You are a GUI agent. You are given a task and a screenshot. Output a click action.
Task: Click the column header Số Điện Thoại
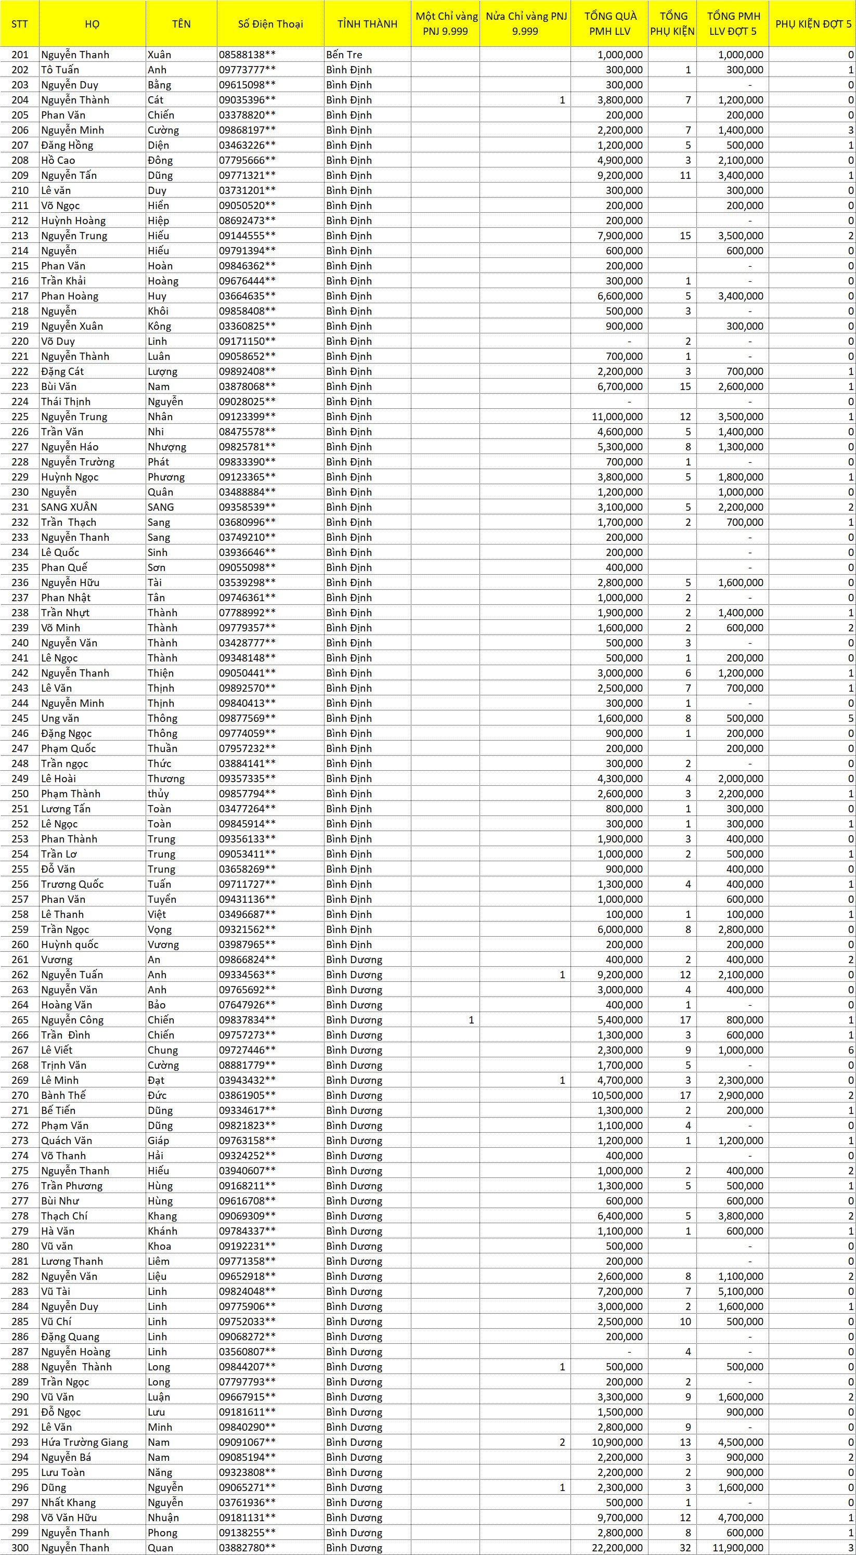coord(270,24)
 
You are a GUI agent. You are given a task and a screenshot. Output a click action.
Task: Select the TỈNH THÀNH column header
coord(367,24)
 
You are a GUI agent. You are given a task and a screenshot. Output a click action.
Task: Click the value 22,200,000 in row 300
coord(620,1548)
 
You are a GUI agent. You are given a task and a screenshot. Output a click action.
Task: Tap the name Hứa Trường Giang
coord(85,1442)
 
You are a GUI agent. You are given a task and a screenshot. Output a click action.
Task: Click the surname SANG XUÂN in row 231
coord(69,507)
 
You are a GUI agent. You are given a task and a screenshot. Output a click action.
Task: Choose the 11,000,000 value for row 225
coord(620,417)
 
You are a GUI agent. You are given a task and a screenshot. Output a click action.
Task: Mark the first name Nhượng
coord(167,447)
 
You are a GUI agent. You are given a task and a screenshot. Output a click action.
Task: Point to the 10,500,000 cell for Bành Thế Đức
coord(620,1095)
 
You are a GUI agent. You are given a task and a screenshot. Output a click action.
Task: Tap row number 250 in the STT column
coord(20,794)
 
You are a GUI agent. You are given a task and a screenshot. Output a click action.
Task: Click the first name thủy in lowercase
coord(158,794)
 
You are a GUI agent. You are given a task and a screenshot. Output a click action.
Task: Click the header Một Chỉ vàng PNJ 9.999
coord(447,24)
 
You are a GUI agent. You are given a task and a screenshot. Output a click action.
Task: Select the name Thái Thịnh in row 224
coord(66,401)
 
